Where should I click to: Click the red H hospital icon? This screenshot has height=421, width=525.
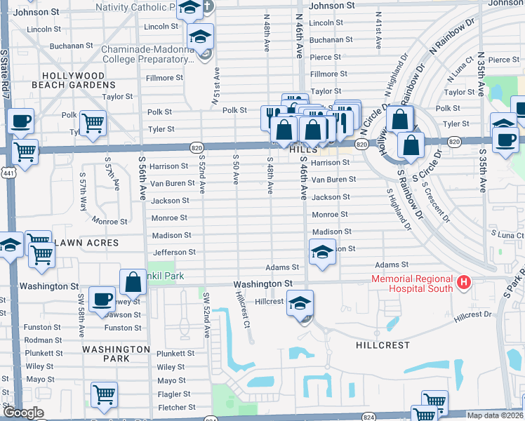click(463, 283)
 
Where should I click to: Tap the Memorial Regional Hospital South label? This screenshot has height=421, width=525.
click(413, 283)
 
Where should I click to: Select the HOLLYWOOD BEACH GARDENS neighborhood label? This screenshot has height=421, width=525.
click(73, 80)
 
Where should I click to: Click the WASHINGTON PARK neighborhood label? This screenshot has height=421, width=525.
click(116, 353)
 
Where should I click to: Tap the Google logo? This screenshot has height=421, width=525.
click(23, 413)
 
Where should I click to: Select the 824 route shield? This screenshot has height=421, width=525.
click(211, 419)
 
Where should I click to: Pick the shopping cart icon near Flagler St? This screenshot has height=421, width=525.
click(104, 394)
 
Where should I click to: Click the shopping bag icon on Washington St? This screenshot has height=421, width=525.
click(133, 282)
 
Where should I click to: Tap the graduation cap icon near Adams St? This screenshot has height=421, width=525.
click(321, 251)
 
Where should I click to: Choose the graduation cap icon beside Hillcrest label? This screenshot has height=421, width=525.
click(300, 302)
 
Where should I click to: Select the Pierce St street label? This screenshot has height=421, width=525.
click(326, 58)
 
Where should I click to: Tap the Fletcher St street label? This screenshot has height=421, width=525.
click(176, 408)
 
